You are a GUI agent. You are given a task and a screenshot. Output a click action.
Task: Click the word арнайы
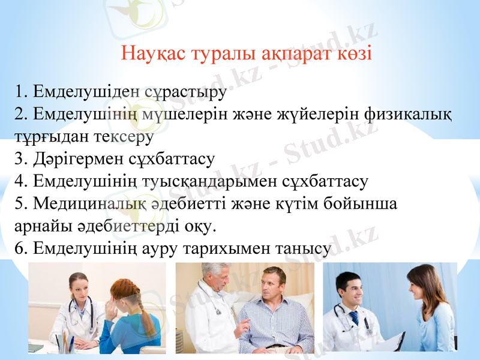tap(38, 226)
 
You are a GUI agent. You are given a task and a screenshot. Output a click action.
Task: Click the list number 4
tap(20, 181)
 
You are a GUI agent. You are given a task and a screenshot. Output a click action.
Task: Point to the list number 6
tap(20, 248)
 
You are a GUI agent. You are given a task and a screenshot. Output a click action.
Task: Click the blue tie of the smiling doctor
tap(354, 318)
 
